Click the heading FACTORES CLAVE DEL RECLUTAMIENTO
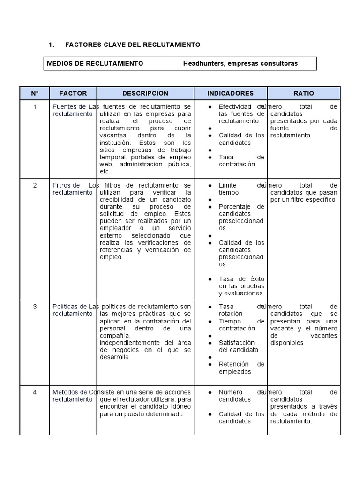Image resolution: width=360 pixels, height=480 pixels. (132, 45)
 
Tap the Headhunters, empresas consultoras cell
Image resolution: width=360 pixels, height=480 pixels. (240, 63)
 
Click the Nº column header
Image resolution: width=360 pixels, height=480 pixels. (35, 93)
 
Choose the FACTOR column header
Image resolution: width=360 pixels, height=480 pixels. (73, 93)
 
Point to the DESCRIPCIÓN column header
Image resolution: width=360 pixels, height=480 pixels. (145, 93)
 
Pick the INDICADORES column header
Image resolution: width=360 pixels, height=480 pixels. (230, 93)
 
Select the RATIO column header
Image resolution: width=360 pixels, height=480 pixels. (304, 93)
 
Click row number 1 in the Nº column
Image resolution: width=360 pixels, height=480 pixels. (35, 107)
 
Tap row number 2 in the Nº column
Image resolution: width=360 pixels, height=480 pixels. (35, 185)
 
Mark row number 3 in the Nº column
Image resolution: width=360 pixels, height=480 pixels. (35, 307)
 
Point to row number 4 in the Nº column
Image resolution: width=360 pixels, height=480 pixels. (35, 392)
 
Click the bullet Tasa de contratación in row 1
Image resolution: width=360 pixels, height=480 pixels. (241, 161)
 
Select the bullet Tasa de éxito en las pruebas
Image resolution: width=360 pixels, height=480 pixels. (241, 286)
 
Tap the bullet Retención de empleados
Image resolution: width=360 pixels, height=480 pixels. (241, 368)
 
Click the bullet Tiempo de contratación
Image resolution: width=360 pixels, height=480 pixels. (241, 325)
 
